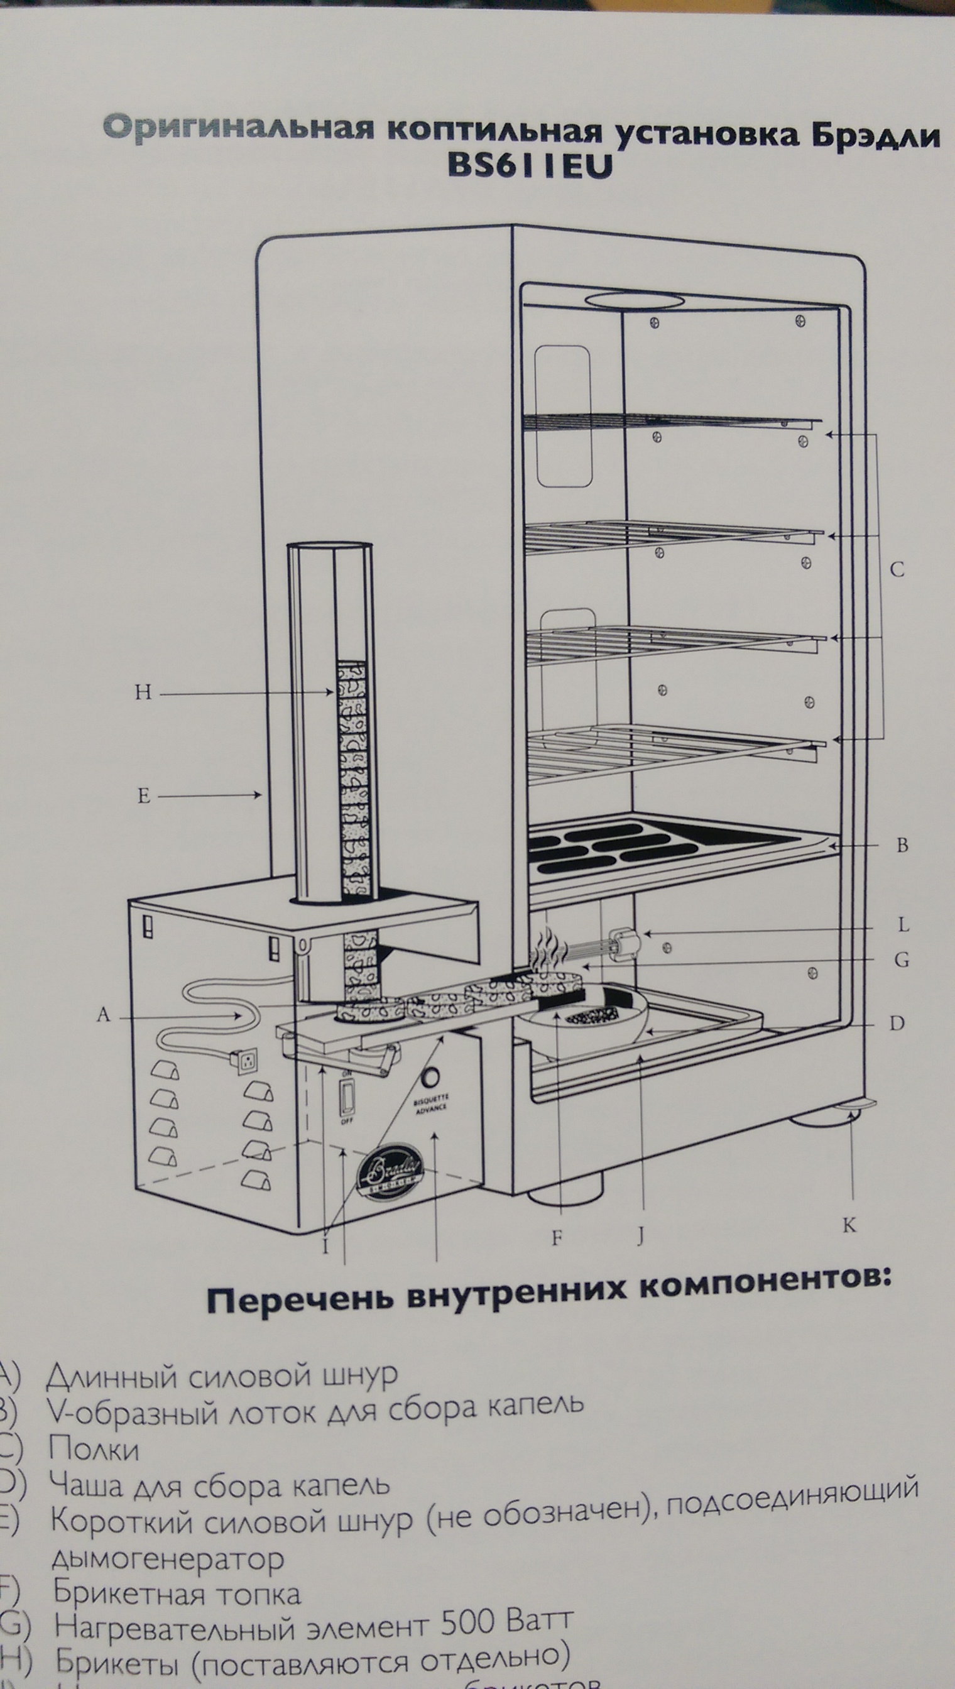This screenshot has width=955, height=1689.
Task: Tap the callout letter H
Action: coord(143,692)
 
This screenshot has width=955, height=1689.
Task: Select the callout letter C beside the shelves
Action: coord(897,569)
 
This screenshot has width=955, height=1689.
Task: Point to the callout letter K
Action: coord(849,1225)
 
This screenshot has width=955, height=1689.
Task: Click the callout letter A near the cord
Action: coord(103,1015)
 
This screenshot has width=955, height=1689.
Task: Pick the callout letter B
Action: coord(902,846)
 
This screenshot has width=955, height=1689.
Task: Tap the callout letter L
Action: coord(903,926)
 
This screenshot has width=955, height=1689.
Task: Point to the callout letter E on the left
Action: coord(144,796)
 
